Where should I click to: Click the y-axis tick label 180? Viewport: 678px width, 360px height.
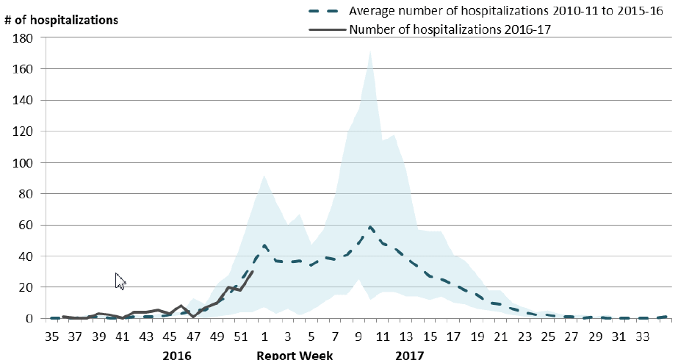point(21,38)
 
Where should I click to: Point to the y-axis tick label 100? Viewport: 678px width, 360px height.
point(21,163)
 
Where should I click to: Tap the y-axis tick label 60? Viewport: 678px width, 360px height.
point(24,226)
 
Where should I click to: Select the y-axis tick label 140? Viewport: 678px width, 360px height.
point(21,101)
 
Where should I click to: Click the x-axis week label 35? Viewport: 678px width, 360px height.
point(51,336)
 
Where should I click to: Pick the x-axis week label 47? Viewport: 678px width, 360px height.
point(193,336)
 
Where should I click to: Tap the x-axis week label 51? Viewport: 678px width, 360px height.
point(240,336)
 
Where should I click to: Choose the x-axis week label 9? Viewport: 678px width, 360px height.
point(358,336)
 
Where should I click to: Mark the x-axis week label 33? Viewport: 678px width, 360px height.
point(641,336)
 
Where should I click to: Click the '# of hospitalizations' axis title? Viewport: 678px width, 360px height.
point(62,20)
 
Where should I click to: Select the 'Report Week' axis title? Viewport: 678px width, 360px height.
point(295,356)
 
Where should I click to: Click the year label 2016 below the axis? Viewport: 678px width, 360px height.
point(176,356)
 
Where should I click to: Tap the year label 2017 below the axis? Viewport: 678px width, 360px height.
point(409,356)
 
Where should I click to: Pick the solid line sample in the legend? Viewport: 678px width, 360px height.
point(323,30)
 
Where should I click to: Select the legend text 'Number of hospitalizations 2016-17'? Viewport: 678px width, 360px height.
point(450,30)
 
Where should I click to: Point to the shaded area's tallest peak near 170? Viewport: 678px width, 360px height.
point(370,51)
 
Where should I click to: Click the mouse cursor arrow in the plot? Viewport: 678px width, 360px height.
point(120,281)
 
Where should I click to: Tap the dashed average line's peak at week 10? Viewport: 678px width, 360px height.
point(370,228)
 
